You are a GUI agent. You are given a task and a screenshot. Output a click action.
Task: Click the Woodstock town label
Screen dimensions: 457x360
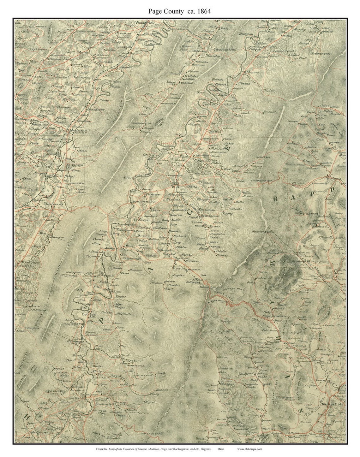point(144,23)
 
